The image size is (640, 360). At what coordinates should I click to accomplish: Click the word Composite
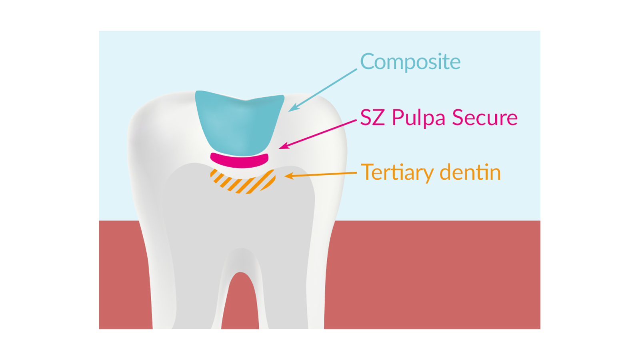[x=410, y=62]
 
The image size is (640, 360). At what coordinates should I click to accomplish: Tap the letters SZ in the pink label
[x=373, y=118]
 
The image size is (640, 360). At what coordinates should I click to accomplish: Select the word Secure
[x=484, y=118]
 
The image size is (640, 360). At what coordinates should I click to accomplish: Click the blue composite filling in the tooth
[x=239, y=124]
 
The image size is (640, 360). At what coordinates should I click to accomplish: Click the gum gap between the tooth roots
[x=240, y=304]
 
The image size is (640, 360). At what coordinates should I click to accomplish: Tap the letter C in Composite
[x=368, y=62]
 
